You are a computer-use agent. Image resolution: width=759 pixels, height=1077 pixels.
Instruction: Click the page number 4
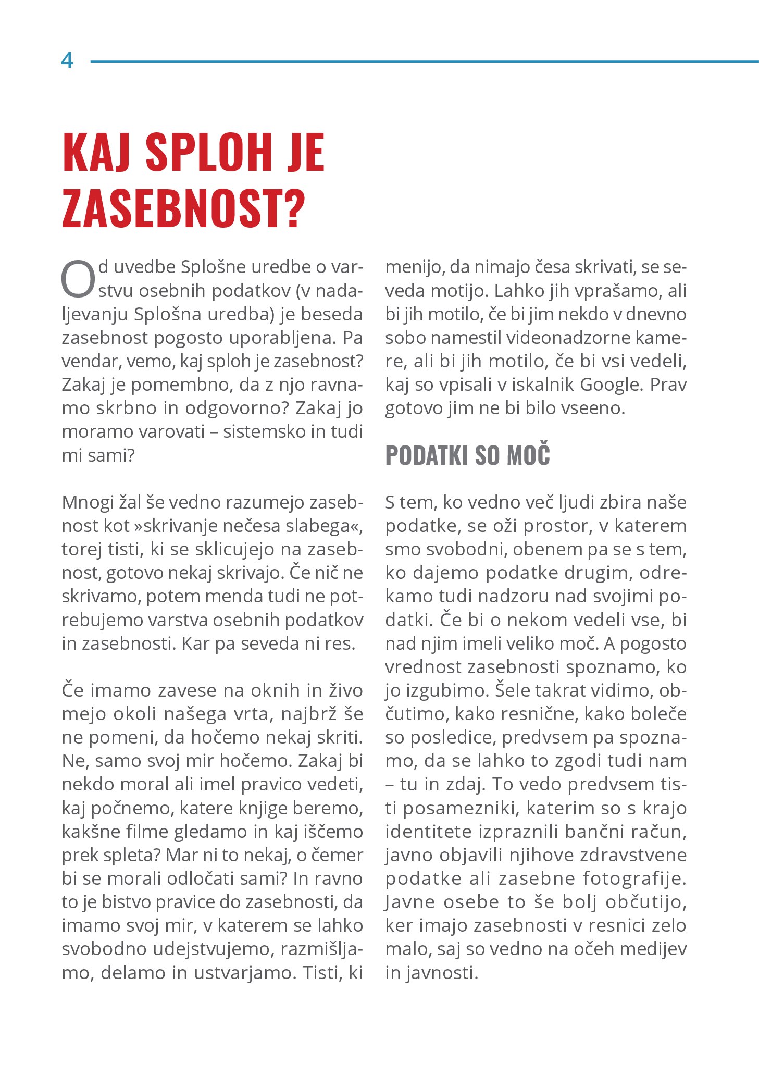67,61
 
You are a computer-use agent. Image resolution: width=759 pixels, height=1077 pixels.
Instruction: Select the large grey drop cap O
79,280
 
